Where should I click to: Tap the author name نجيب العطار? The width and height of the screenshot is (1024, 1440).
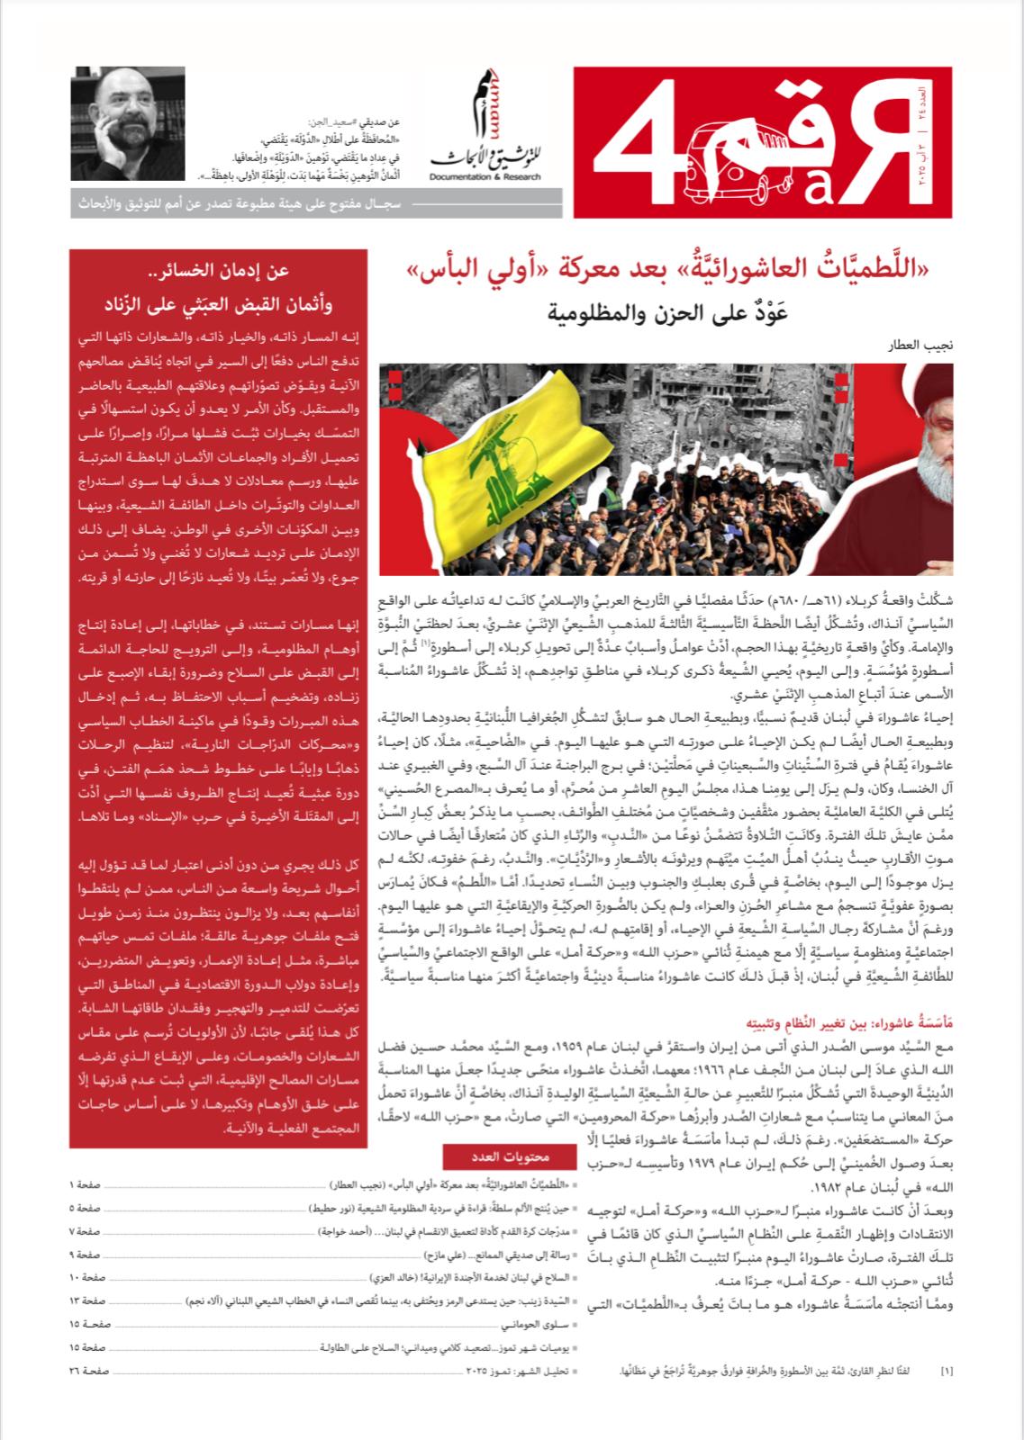click(924, 346)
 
